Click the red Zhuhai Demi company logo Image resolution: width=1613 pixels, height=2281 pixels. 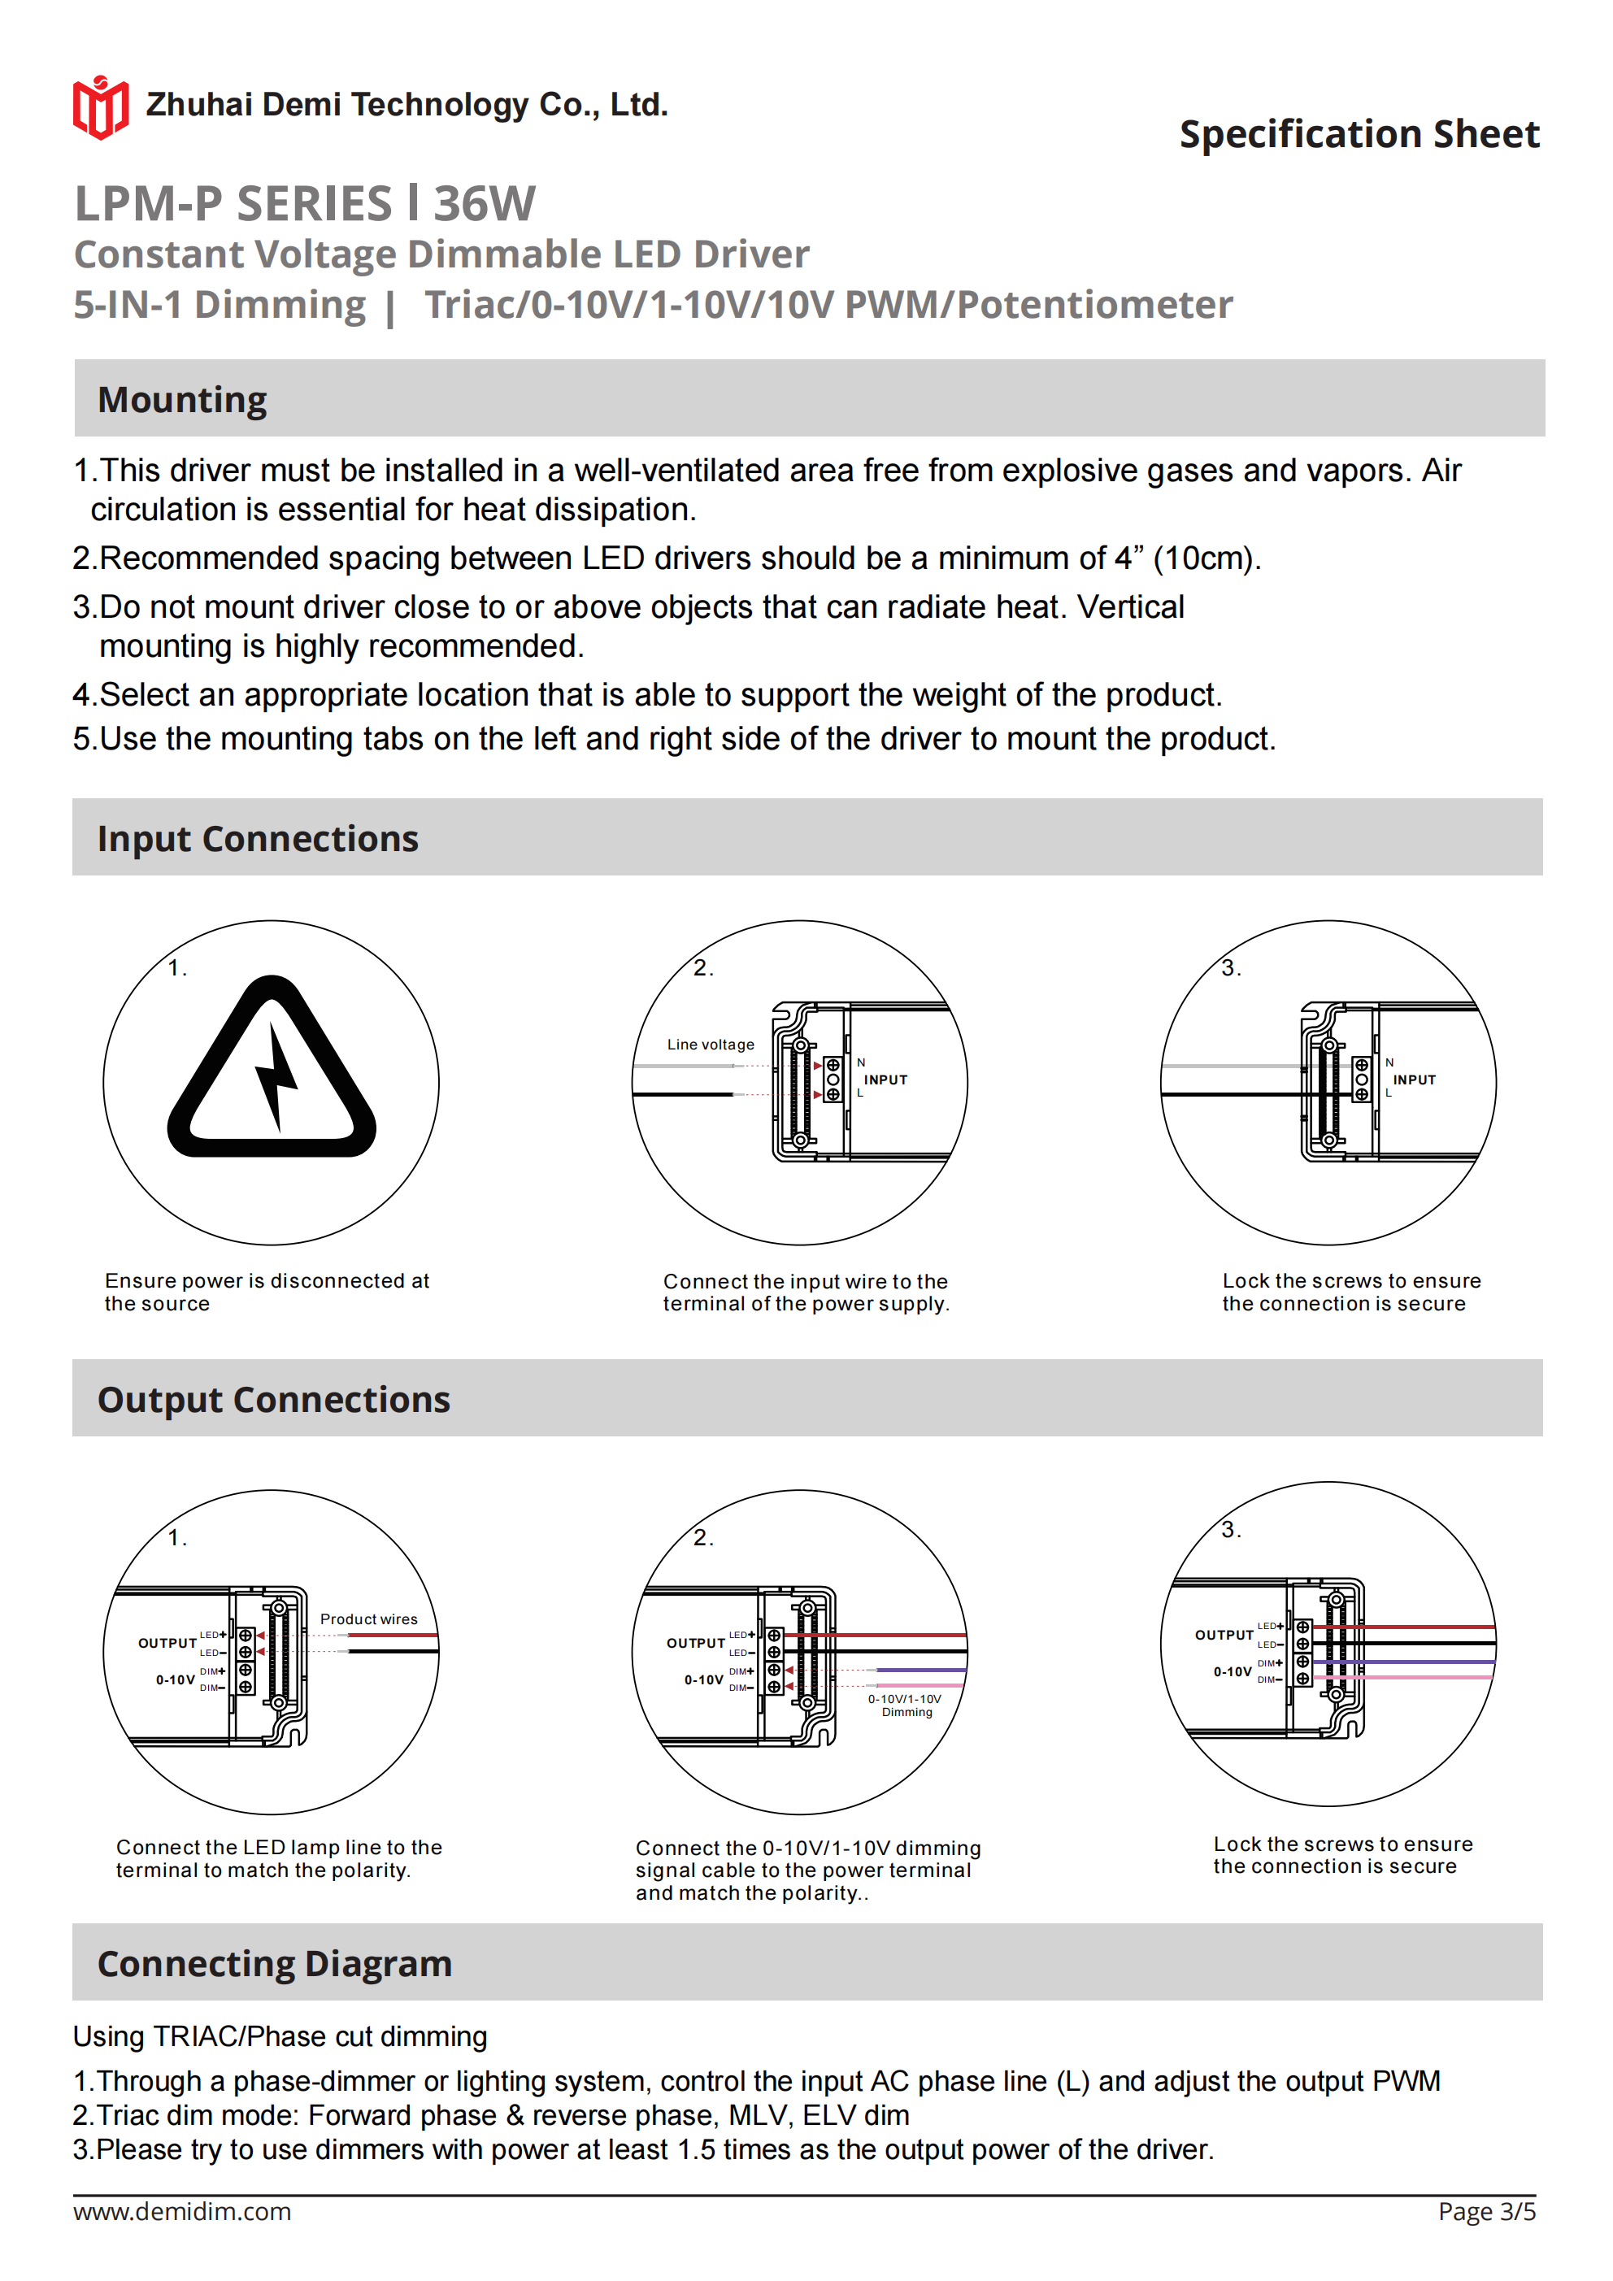[100, 107]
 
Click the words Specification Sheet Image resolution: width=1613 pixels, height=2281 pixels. [1359, 134]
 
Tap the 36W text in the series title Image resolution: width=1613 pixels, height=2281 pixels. [484, 204]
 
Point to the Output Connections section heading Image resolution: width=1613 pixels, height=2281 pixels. [273, 1399]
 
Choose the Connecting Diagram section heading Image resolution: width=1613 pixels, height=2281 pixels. [274, 1963]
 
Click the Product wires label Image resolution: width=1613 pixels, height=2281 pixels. [369, 1618]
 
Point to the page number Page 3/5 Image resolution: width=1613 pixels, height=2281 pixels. [1486, 2211]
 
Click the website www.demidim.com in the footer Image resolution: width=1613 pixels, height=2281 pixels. [182, 2211]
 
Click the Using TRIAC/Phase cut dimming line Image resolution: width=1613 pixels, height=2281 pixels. [280, 2036]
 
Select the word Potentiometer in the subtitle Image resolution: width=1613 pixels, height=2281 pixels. [1094, 305]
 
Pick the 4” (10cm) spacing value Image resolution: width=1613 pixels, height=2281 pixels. [1187, 558]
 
